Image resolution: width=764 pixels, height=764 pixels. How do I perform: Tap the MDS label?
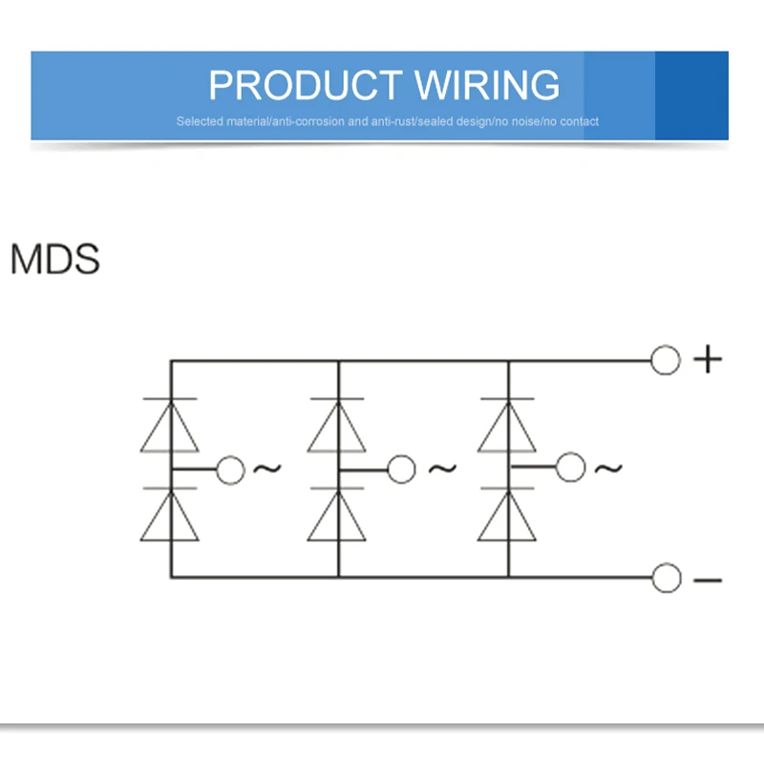[54, 260]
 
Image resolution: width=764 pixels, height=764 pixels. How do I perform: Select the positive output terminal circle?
[666, 361]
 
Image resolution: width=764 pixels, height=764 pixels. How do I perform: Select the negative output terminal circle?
[666, 578]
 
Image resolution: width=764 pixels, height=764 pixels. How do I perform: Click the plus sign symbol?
[707, 360]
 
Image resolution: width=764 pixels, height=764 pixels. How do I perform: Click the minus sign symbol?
[707, 580]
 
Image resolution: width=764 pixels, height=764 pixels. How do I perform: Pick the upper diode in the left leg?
[170, 426]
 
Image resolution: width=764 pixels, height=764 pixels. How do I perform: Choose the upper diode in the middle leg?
[338, 426]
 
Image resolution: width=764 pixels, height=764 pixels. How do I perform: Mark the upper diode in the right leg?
[507, 426]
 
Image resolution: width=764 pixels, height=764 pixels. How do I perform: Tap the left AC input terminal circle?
[231, 470]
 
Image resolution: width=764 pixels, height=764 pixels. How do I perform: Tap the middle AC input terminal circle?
[401, 470]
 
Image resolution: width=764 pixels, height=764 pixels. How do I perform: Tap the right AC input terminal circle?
[570, 468]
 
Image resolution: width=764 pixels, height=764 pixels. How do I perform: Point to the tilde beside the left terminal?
[266, 469]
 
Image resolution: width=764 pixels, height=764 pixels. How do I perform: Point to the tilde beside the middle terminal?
[442, 469]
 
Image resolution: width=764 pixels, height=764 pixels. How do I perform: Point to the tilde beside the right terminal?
[608, 468]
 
